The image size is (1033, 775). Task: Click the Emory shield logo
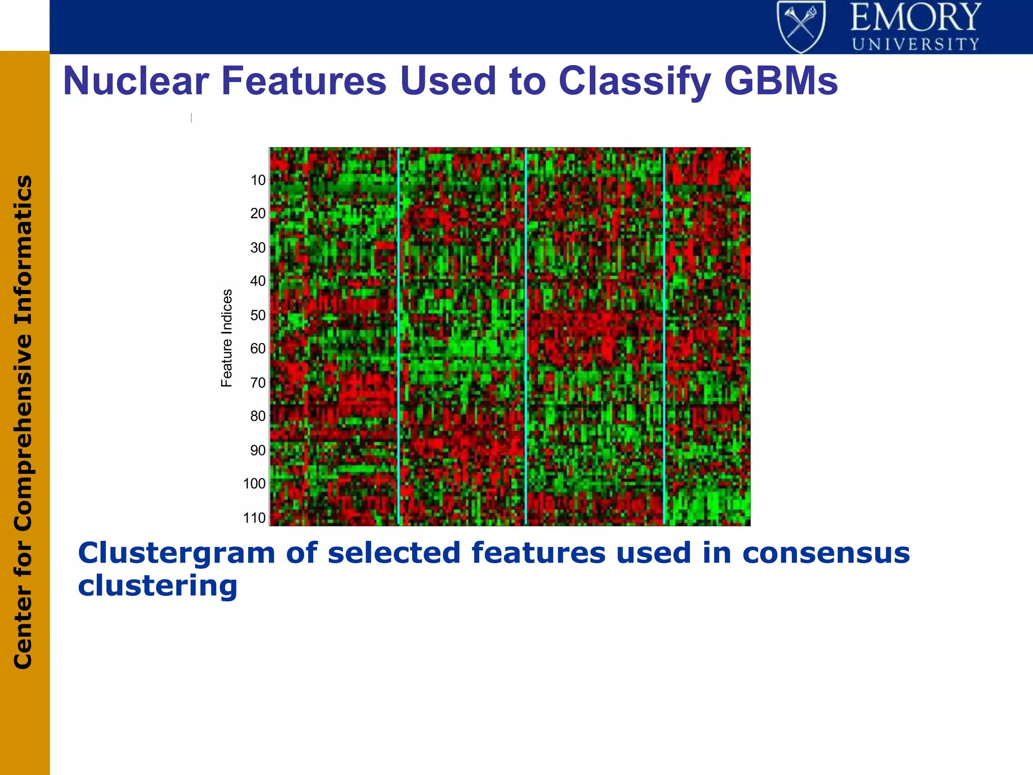click(801, 26)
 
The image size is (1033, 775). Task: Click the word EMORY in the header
click(915, 17)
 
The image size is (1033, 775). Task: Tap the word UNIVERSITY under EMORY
click(915, 44)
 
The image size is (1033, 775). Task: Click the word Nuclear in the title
click(136, 81)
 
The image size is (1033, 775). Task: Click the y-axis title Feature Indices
click(227, 338)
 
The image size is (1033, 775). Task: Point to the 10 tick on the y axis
click(258, 180)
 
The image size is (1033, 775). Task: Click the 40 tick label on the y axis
click(258, 281)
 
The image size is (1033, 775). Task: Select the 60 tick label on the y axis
click(258, 349)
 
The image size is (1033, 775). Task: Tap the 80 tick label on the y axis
click(258, 416)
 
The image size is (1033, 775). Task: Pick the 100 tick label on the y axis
click(254, 484)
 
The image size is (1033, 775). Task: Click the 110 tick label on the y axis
click(254, 518)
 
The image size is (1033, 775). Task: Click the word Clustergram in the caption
click(177, 553)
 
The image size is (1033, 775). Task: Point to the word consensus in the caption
click(826, 553)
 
